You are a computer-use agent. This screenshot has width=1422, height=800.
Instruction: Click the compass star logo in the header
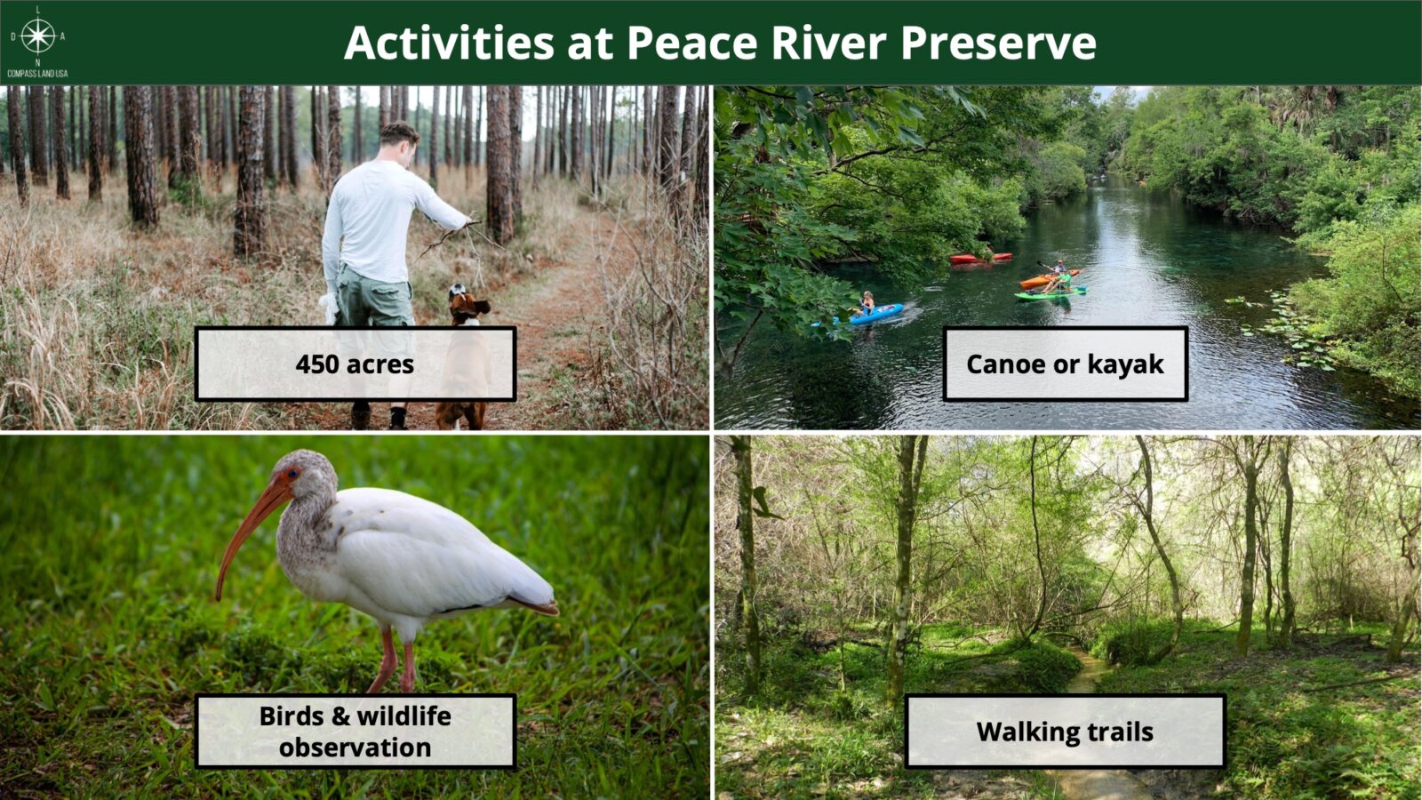38,36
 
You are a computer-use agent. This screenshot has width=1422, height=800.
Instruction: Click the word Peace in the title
692,43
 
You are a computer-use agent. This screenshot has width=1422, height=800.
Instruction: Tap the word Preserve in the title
999,43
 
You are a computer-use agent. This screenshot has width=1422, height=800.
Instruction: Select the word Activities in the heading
450,43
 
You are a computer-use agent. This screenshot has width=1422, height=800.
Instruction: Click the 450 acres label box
355,364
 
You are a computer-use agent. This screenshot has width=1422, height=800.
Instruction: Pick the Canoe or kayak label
1066,364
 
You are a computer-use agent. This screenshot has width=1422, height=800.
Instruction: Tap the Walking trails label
1066,732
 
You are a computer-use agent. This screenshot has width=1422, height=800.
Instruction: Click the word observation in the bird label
355,748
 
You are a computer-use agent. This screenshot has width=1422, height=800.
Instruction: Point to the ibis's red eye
293,474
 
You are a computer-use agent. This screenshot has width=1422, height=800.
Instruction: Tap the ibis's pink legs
394,660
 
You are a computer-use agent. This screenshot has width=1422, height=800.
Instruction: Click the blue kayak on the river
875,314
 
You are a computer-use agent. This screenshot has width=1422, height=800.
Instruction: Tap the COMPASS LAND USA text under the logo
37,74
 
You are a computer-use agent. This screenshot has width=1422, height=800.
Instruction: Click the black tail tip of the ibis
539,606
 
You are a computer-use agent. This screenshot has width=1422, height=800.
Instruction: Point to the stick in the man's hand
448,238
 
